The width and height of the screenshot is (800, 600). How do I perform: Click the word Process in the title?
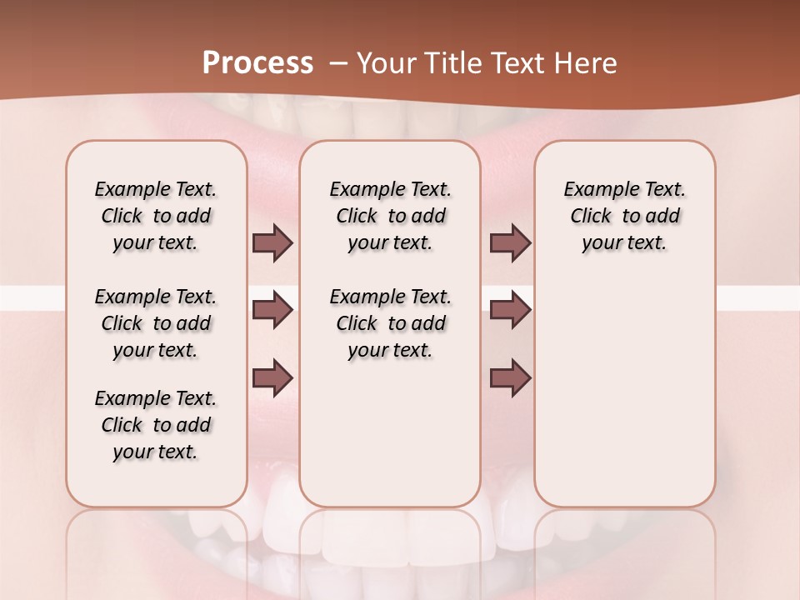257,62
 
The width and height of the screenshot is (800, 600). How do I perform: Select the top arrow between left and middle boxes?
272,243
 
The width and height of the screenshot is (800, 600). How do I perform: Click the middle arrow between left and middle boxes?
272,311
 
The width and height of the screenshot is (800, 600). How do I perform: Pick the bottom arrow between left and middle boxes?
272,378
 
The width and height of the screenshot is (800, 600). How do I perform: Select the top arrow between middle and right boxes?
510,243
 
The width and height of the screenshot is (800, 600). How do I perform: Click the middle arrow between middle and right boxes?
510,311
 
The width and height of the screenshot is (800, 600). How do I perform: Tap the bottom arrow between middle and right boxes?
510,378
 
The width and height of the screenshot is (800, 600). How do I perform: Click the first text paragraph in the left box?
156,216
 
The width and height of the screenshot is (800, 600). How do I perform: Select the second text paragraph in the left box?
156,323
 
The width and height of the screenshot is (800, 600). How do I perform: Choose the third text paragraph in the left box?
156,425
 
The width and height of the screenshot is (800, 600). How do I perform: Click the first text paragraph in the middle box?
391,216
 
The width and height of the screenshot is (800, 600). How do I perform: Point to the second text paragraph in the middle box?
391,323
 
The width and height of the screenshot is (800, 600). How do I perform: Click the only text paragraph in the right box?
625,216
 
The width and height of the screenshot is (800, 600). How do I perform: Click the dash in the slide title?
337,63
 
